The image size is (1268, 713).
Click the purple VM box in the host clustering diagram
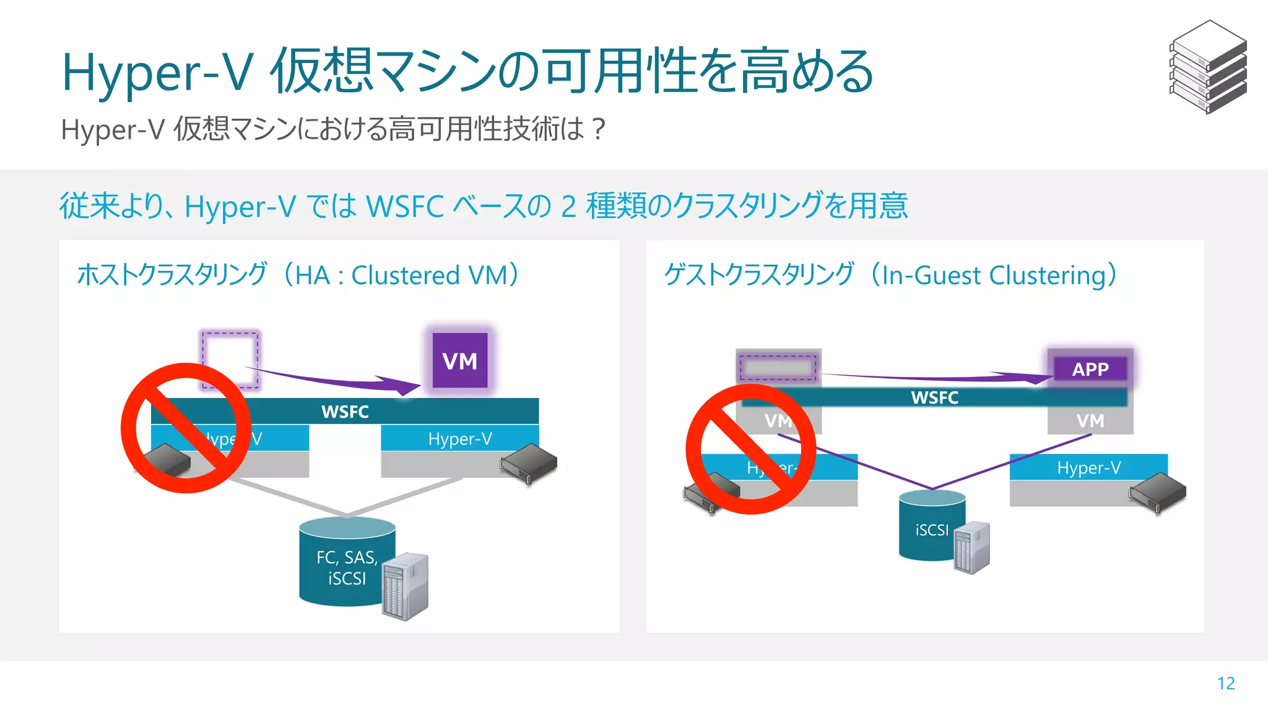pos(459,360)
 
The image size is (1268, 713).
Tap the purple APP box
pos(1090,369)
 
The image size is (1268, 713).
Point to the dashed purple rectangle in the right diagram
pos(778,368)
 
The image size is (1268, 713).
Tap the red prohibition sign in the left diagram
pos(186,428)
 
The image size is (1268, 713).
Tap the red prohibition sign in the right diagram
pos(750,449)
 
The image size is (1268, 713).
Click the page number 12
pos(1225,683)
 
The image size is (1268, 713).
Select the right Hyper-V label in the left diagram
pos(459,439)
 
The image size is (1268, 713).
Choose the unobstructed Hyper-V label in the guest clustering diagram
pos(1088,467)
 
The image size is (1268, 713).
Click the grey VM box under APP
pos(1090,421)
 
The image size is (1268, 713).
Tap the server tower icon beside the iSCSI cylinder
pos(972,548)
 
